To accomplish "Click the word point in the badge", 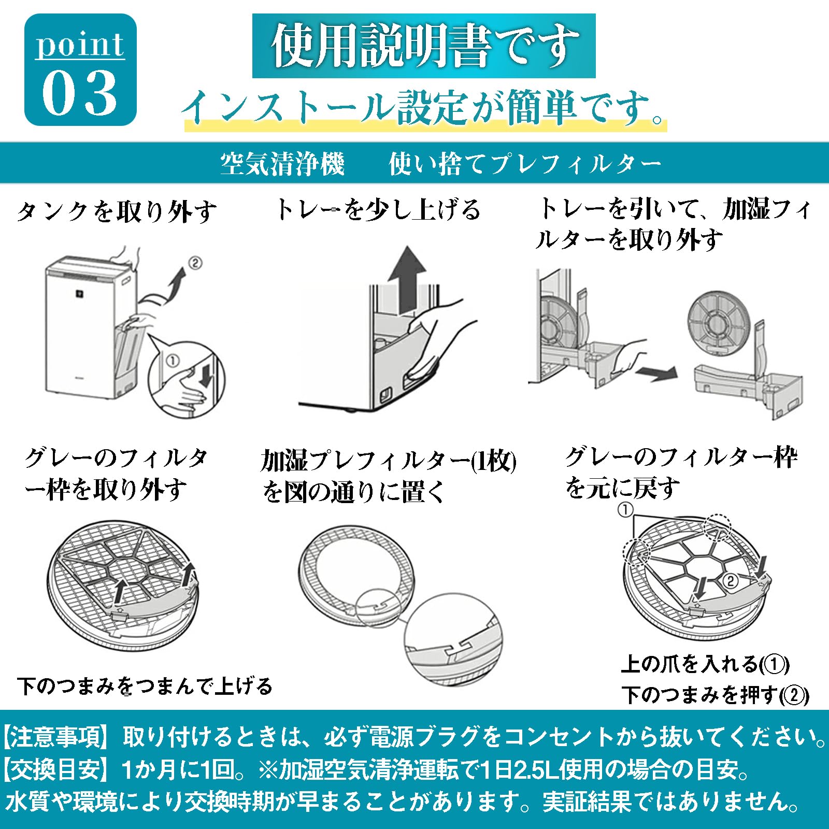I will tap(80, 45).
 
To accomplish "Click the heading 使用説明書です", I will tap(423, 46).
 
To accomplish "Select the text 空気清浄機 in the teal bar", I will tap(282, 164).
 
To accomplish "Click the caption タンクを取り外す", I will tap(116, 211).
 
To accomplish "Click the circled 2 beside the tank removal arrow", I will tap(195, 263).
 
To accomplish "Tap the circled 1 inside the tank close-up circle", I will tap(173, 360).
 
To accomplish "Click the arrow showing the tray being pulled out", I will tap(656, 373).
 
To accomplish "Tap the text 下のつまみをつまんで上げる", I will tap(145, 686).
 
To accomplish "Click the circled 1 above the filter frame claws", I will tap(625, 510).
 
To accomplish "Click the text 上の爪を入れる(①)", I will tap(705, 664).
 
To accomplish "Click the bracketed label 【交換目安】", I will tap(56, 769).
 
